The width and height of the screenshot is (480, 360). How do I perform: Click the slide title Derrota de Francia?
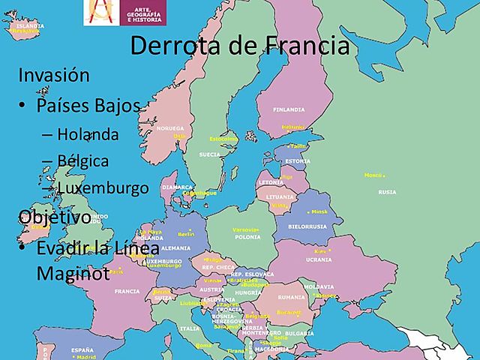[240, 46]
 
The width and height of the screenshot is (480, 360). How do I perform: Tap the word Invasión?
[53, 76]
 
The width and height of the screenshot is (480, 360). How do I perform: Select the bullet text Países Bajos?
[88, 106]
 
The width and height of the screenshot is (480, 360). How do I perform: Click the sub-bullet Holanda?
[88, 135]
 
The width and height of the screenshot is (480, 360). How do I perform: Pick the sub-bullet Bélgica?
[82, 160]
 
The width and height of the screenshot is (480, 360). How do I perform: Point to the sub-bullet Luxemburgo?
[103, 187]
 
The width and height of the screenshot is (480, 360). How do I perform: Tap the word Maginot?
[73, 273]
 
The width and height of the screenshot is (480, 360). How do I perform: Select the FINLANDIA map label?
[289, 109]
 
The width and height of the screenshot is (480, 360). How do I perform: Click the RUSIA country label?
[387, 192]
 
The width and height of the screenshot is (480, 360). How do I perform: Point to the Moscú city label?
[373, 175]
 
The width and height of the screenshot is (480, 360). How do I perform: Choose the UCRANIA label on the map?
[318, 259]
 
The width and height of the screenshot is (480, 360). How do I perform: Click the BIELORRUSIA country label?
[307, 226]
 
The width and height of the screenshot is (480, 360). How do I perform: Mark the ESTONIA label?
[298, 160]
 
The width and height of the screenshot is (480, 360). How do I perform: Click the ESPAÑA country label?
[82, 350]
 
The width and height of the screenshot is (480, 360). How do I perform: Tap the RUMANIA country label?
[291, 297]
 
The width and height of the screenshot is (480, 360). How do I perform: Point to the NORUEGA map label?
[171, 128]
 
